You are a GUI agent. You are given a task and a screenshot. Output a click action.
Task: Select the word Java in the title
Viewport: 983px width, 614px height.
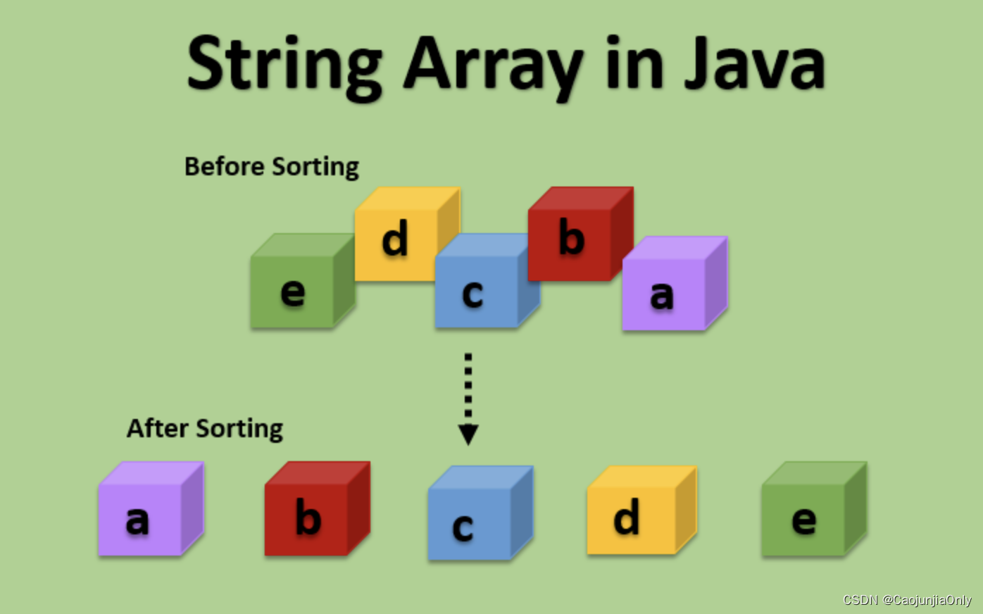(x=755, y=63)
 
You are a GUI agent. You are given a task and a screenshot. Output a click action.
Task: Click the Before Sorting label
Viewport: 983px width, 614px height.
(x=272, y=167)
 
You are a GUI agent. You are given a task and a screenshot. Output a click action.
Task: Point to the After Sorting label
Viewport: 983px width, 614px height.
(x=204, y=429)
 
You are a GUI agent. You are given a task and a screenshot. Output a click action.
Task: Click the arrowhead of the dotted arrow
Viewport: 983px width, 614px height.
(x=468, y=434)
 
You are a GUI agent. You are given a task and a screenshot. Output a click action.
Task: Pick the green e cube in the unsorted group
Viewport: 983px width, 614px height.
(x=303, y=281)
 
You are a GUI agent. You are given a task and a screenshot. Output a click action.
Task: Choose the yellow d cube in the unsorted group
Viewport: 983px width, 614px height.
(x=407, y=234)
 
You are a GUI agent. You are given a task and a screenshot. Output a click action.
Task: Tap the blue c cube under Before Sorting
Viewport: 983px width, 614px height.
(x=487, y=281)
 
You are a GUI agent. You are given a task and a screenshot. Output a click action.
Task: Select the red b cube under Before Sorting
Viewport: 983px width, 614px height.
(x=581, y=234)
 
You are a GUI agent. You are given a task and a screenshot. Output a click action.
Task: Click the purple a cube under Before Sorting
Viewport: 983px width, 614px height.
(x=675, y=284)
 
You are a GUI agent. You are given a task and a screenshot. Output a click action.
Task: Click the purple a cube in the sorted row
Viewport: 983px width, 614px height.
(x=151, y=508)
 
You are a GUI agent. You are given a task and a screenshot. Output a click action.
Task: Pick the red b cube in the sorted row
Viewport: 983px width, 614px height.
(x=318, y=508)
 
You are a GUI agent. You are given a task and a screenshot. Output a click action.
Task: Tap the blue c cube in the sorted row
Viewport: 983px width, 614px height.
(x=480, y=513)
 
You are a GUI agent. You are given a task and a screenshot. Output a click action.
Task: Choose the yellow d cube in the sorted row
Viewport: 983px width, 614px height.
(x=642, y=510)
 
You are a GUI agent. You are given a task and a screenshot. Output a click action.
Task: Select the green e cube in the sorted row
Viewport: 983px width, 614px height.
(x=815, y=508)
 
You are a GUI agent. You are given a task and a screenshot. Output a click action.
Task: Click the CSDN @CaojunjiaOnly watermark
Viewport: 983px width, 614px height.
(x=907, y=600)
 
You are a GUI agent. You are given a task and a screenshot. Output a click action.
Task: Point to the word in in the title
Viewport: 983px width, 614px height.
(x=634, y=63)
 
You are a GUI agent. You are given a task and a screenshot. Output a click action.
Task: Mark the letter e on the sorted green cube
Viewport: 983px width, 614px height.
(x=804, y=521)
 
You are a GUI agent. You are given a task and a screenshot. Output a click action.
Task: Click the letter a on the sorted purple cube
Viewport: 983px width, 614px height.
(x=137, y=521)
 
